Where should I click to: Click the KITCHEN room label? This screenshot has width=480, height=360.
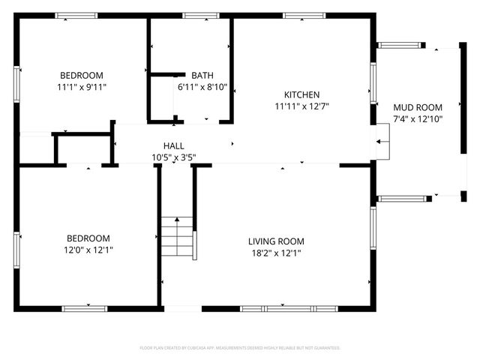301,94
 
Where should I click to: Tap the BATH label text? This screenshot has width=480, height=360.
202,75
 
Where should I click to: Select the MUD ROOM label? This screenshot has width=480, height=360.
418,107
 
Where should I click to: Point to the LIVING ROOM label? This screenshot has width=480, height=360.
276,241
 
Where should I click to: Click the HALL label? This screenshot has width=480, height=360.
174,145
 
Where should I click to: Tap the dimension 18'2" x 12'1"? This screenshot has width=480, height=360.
276,253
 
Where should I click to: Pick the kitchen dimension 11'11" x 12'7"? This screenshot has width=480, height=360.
301,106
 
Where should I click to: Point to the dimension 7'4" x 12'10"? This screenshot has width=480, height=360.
418,118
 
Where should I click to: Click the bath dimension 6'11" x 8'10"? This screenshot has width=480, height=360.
202,87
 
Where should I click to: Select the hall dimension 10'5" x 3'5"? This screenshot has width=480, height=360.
174,157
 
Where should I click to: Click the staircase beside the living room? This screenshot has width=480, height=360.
177,236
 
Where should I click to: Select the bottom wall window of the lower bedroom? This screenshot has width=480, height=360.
84,307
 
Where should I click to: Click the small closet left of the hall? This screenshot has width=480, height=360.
83,148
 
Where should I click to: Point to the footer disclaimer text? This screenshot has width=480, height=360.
240,348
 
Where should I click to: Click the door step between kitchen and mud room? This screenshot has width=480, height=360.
383,142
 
